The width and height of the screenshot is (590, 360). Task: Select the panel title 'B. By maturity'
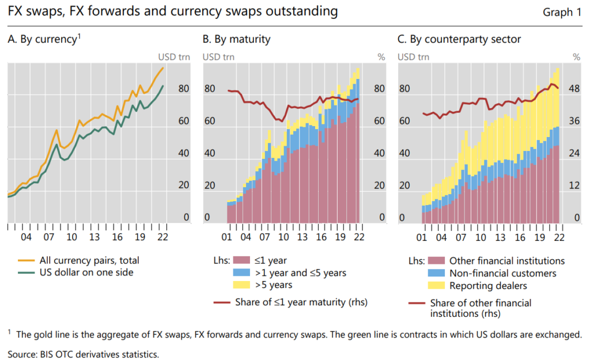pyautogui.click(x=236, y=39)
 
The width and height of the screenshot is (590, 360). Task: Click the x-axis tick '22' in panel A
pyautogui.click(x=162, y=237)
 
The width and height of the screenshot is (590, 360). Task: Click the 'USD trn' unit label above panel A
pyautogui.click(x=172, y=56)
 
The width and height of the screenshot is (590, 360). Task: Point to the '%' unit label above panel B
pyautogui.click(x=380, y=56)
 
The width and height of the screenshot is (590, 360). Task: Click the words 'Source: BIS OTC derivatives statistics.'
pyautogui.click(x=83, y=353)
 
